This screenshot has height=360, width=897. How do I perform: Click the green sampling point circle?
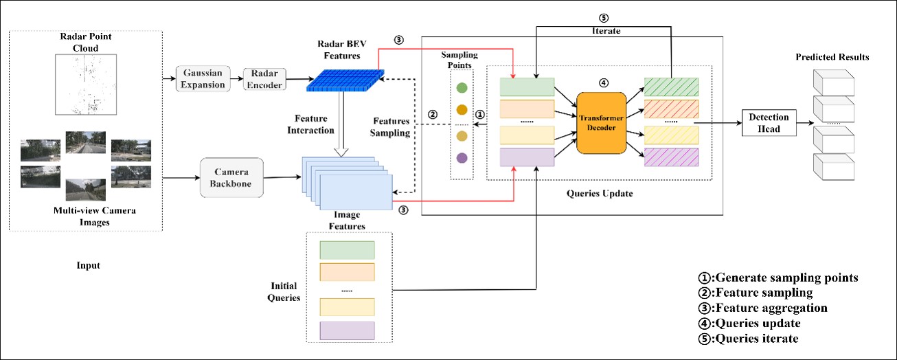(462, 88)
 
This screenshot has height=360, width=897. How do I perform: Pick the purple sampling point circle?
(462, 158)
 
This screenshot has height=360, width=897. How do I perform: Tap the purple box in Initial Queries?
(347, 330)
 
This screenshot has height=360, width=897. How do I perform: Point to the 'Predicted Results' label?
(832, 57)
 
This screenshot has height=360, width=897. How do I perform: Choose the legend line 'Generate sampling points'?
(778, 278)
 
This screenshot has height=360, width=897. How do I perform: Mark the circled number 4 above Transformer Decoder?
(604, 83)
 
